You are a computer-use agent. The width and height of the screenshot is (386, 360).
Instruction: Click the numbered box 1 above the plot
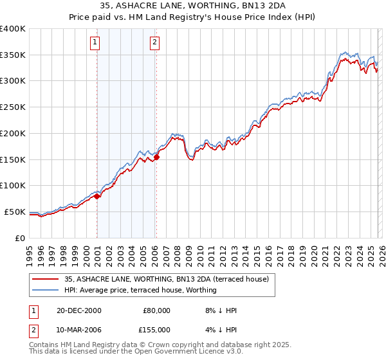click(x=95, y=43)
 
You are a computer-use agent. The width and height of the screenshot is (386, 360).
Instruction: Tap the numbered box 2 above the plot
click(x=155, y=43)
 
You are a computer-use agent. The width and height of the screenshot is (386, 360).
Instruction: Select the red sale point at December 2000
click(x=97, y=197)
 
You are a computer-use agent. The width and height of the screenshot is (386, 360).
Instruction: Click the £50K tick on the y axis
click(x=15, y=212)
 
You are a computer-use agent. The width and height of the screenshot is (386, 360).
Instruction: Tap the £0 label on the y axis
click(x=21, y=238)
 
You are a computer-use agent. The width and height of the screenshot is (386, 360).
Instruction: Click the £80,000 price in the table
click(x=156, y=310)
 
